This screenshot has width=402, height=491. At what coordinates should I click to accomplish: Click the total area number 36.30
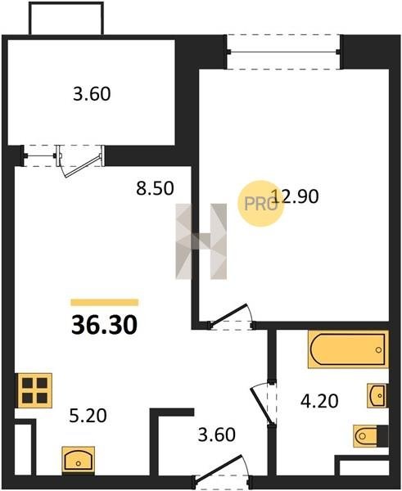tap(104, 325)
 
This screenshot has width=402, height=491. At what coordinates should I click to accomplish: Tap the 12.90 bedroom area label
tap(296, 196)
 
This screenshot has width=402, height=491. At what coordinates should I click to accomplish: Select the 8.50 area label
tap(155, 188)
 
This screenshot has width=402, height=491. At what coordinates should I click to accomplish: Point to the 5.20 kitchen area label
tap(88, 416)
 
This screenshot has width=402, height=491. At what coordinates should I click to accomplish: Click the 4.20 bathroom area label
tap(319, 401)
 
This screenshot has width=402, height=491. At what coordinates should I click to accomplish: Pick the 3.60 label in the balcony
tap(92, 94)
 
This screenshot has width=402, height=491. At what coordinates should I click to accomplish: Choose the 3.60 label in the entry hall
tap(216, 435)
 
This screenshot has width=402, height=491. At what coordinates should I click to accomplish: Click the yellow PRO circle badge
tap(260, 204)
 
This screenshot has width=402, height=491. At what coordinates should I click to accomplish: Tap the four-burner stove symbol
tap(34, 390)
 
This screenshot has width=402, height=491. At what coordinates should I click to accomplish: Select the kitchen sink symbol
tap(79, 460)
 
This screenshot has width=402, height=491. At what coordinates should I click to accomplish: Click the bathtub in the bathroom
tap(348, 349)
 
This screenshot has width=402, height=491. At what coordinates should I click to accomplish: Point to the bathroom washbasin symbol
tap(377, 395)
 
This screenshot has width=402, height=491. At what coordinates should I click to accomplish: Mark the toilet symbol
tap(371, 435)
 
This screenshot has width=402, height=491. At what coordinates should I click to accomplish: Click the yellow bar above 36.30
tap(105, 302)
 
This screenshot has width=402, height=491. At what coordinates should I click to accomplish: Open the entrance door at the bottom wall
tap(222, 471)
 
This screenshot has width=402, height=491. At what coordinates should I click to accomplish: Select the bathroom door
tap(263, 404)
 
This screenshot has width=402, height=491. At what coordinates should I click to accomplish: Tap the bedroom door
tap(231, 316)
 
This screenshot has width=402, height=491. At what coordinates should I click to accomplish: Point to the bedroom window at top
tap(283, 52)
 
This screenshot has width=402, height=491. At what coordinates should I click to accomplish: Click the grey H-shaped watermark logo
tap(201, 241)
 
